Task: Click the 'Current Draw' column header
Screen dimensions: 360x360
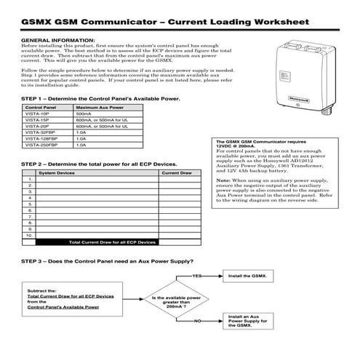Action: pyautogui.click(x=176, y=173)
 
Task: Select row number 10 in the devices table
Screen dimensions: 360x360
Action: pyautogui.click(x=29, y=236)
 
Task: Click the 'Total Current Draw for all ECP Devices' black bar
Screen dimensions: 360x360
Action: pyautogui.click(x=112, y=241)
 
